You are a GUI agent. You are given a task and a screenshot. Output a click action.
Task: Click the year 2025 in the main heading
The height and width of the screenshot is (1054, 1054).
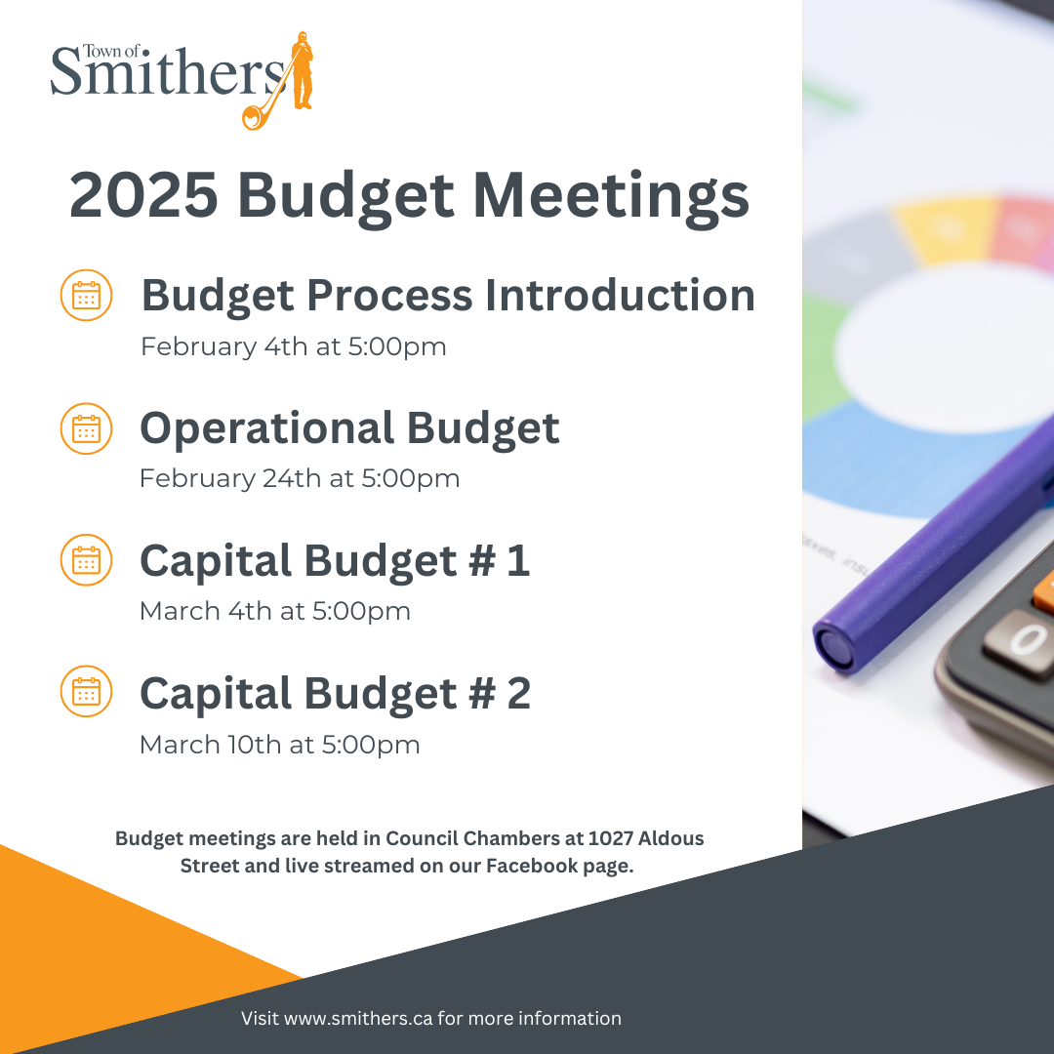pyautogui.click(x=143, y=195)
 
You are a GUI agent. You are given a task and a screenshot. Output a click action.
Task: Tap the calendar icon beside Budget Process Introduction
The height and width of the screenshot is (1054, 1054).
pyautogui.click(x=86, y=295)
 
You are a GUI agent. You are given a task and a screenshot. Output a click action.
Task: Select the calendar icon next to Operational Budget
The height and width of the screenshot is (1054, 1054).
pyautogui.click(x=86, y=428)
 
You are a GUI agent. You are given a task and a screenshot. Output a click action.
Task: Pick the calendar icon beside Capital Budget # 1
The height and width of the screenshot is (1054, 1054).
pyautogui.click(x=86, y=560)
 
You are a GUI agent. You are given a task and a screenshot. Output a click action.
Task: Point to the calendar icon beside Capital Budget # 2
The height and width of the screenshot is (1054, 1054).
pyautogui.click(x=86, y=692)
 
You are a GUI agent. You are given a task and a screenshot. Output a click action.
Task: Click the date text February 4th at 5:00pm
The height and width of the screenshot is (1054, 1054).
pyautogui.click(x=293, y=347)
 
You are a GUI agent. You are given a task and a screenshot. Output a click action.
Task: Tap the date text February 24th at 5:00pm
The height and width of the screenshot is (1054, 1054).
pyautogui.click(x=300, y=479)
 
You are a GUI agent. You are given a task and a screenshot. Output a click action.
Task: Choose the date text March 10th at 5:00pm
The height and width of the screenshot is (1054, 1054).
pyautogui.click(x=280, y=745)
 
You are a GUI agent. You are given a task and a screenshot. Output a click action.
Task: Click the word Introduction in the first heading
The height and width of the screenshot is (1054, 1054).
pyautogui.click(x=620, y=296)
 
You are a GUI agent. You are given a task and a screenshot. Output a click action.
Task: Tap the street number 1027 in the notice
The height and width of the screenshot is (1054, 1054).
pyautogui.click(x=610, y=838)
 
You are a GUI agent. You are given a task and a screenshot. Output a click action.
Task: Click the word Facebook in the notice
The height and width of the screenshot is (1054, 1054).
pyautogui.click(x=532, y=866)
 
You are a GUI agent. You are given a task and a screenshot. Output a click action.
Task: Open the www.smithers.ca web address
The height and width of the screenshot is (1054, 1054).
pyautogui.click(x=358, y=1018)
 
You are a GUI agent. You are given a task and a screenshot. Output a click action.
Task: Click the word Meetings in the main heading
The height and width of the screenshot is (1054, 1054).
pyautogui.click(x=611, y=197)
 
